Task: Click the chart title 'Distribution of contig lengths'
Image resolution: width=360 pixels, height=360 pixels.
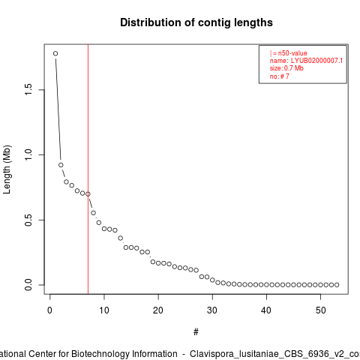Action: [x=196, y=22]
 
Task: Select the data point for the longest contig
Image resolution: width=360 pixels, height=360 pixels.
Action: [x=55, y=53]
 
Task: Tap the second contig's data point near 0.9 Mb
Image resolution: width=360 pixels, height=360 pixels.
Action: [x=61, y=165]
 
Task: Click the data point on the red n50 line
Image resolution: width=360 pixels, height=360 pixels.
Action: [x=88, y=194]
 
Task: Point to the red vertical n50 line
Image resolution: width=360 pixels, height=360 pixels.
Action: [x=88, y=169]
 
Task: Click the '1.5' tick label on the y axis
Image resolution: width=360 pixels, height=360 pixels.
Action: [x=28, y=90]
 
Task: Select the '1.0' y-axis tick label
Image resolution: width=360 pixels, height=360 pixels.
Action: [x=28, y=155]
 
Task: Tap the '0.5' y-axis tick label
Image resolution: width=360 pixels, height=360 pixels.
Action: [x=28, y=220]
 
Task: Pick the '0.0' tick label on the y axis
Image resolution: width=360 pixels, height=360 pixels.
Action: [x=28, y=285]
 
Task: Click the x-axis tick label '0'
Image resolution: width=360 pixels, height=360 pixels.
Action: [x=49, y=310]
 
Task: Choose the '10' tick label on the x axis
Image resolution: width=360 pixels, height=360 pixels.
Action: [x=104, y=310]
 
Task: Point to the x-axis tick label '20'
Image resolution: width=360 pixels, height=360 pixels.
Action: [x=158, y=310]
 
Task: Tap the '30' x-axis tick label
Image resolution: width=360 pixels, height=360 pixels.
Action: [x=212, y=310]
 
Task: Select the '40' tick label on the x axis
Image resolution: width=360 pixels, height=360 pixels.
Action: [x=266, y=310]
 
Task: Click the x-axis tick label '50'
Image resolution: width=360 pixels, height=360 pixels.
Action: [x=320, y=310]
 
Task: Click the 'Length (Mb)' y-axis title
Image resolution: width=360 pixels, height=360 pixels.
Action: [x=7, y=169]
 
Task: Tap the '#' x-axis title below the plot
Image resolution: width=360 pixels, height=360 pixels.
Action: [x=196, y=332]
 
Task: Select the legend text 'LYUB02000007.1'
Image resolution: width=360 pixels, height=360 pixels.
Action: [x=316, y=61]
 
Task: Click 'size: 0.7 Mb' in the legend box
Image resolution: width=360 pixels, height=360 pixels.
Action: [x=286, y=68]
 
